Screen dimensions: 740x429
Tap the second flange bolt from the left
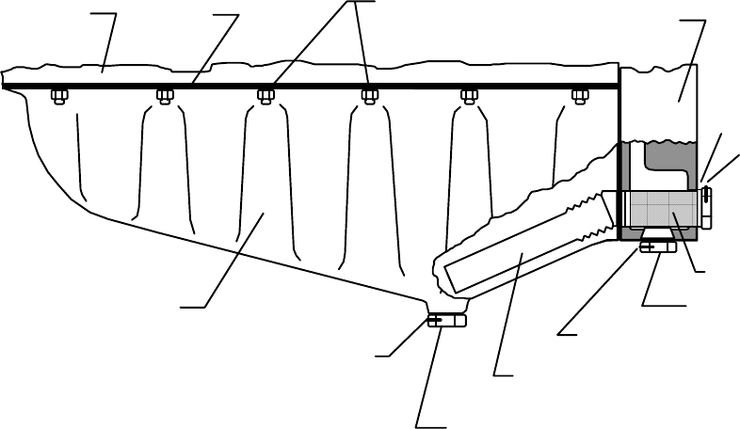pyautogui.click(x=164, y=95)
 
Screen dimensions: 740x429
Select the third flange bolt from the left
pyautogui.click(x=266, y=95)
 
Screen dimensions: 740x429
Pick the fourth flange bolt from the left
pyautogui.click(x=369, y=95)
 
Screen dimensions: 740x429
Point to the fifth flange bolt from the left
pyautogui.click(x=469, y=95)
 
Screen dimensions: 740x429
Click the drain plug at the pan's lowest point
pyautogui.click(x=446, y=321)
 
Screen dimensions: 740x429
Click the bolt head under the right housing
pyautogui.click(x=657, y=246)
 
